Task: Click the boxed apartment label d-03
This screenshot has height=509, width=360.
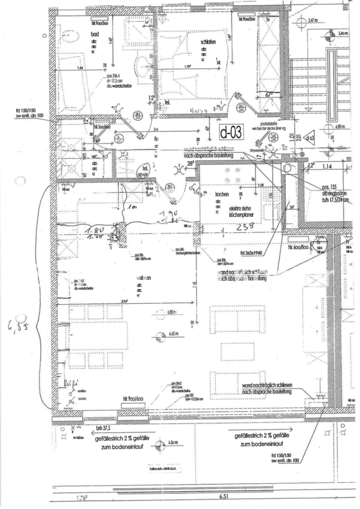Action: click(x=231, y=133)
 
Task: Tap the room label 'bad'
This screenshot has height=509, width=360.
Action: click(x=94, y=34)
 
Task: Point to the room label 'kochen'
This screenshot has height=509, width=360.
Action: click(x=222, y=194)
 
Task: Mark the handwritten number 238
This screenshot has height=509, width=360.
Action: click(x=246, y=226)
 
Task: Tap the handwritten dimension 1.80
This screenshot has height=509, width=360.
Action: click(x=95, y=231)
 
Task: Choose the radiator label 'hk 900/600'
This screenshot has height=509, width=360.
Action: click(x=130, y=400)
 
